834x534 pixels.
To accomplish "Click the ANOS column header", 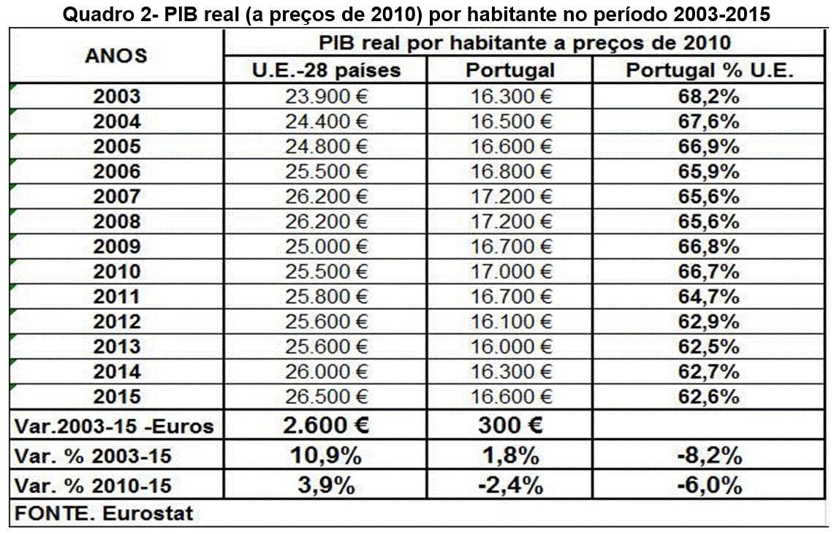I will pyautogui.click(x=116, y=56).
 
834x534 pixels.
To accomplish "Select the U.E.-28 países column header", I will pyautogui.click(x=326, y=70).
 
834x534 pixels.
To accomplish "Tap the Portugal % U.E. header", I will pyautogui.click(x=710, y=70).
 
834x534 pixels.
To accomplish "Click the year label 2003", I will pyautogui.click(x=117, y=96).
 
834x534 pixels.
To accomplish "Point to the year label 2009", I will pyautogui.click(x=117, y=247).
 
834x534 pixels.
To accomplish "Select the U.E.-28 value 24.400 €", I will pyautogui.click(x=326, y=121).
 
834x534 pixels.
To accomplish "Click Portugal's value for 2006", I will pyautogui.click(x=511, y=172).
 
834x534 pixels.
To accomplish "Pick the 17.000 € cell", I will pyautogui.click(x=511, y=272).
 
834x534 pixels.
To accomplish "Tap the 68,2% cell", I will pyautogui.click(x=709, y=96).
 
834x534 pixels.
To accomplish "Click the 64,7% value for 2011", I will pyautogui.click(x=709, y=297).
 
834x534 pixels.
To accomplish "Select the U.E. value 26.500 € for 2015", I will pyautogui.click(x=326, y=397).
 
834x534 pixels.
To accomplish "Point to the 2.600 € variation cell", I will pyautogui.click(x=326, y=426).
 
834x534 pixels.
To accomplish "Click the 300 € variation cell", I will pyautogui.click(x=511, y=426).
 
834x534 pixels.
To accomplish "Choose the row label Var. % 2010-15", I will pyautogui.click(x=93, y=484).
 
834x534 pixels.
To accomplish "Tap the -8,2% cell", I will pyautogui.click(x=709, y=456).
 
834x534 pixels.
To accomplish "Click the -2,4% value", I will pyautogui.click(x=511, y=484).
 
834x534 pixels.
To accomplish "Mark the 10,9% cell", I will pyautogui.click(x=326, y=456).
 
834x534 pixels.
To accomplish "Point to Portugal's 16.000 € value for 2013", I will pyautogui.click(x=511, y=347).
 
